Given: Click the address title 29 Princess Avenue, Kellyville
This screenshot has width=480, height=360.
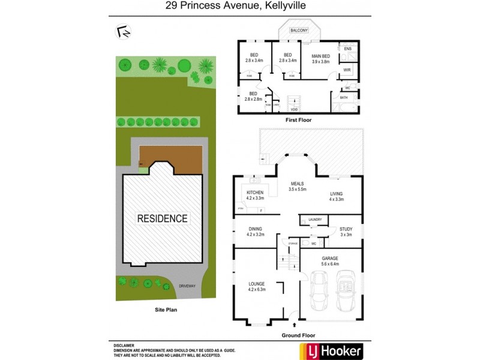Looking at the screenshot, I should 239,7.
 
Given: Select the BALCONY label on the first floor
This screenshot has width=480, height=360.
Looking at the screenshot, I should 298,30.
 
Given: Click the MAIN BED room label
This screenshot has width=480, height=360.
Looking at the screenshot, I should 320,58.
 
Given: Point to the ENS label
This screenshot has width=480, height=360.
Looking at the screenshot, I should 347,49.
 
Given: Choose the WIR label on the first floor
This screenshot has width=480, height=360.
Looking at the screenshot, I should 347,70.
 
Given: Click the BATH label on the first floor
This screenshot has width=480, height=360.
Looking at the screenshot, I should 344,97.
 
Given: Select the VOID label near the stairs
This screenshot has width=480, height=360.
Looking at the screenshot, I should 294,110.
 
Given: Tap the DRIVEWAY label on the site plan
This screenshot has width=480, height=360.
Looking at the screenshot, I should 187,286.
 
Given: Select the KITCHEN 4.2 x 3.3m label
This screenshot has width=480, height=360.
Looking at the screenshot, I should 256,195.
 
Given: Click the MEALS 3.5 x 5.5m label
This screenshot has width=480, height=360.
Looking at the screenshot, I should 298,186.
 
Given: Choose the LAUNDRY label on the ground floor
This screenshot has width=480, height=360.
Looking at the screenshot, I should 316,220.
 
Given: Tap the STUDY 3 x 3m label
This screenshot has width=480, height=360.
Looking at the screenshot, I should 346,232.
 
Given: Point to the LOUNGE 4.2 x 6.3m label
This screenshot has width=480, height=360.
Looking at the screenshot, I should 257,286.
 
